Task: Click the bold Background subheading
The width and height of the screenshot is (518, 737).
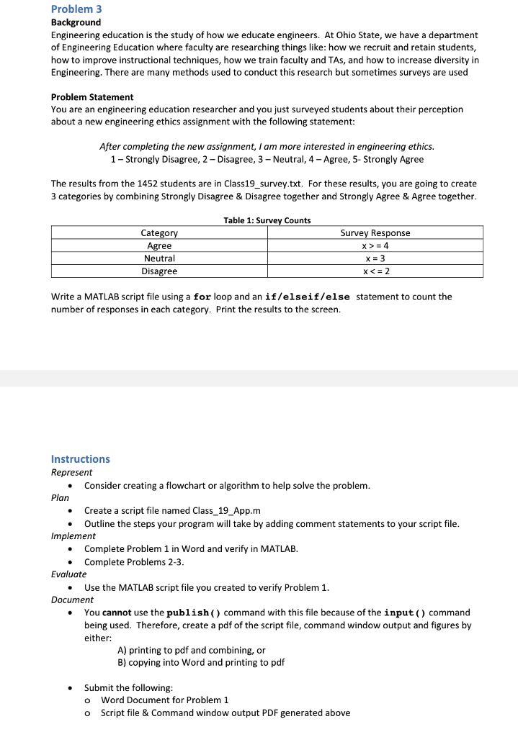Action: pyautogui.click(x=76, y=23)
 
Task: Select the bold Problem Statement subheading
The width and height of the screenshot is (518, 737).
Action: pyautogui.click(x=92, y=96)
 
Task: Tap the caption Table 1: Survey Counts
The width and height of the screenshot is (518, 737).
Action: pyautogui.click(x=267, y=220)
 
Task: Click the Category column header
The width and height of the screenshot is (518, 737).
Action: pyautogui.click(x=159, y=232)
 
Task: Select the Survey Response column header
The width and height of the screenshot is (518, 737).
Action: pyautogui.click(x=375, y=232)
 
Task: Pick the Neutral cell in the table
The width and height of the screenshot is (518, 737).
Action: pyautogui.click(x=159, y=258)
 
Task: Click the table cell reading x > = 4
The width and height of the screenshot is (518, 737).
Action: pyautogui.click(x=375, y=245)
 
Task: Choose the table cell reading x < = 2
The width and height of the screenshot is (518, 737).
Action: pyautogui.click(x=375, y=271)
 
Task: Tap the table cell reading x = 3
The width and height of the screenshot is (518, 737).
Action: pyautogui.click(x=375, y=258)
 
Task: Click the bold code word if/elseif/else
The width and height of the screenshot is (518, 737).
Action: pyautogui.click(x=308, y=297)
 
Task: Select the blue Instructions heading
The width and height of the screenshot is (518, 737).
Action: pyautogui.click(x=81, y=459)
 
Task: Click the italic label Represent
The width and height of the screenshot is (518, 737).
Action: pyautogui.click(x=71, y=473)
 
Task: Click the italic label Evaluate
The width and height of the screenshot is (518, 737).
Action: pyautogui.click(x=69, y=574)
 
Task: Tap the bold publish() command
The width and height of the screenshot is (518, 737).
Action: pyautogui.click(x=194, y=612)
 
